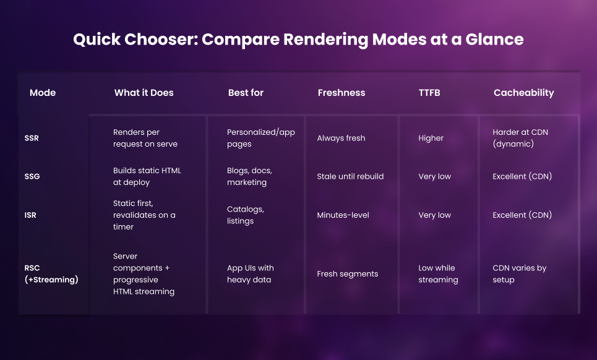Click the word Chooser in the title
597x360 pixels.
(x=161, y=39)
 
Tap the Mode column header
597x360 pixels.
(x=43, y=92)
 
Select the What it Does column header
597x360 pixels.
(x=144, y=92)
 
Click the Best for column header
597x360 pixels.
(x=246, y=92)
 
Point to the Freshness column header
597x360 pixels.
(x=341, y=92)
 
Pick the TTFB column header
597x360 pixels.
(x=429, y=92)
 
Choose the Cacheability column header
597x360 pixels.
(x=524, y=93)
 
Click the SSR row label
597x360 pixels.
(x=32, y=138)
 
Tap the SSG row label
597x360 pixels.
(x=32, y=176)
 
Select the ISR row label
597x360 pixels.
(x=30, y=215)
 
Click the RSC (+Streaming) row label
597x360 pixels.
(x=51, y=273)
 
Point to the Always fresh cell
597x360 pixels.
(x=341, y=138)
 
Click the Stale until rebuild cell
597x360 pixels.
(x=350, y=176)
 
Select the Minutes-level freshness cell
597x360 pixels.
(x=343, y=215)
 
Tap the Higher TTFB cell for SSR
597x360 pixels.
(x=431, y=138)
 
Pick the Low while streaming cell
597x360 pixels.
(x=438, y=273)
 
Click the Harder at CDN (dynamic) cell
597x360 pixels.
(x=520, y=138)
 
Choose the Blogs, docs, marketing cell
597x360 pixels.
(x=249, y=176)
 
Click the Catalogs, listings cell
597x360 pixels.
(x=246, y=215)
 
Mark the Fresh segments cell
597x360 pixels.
(x=348, y=274)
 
